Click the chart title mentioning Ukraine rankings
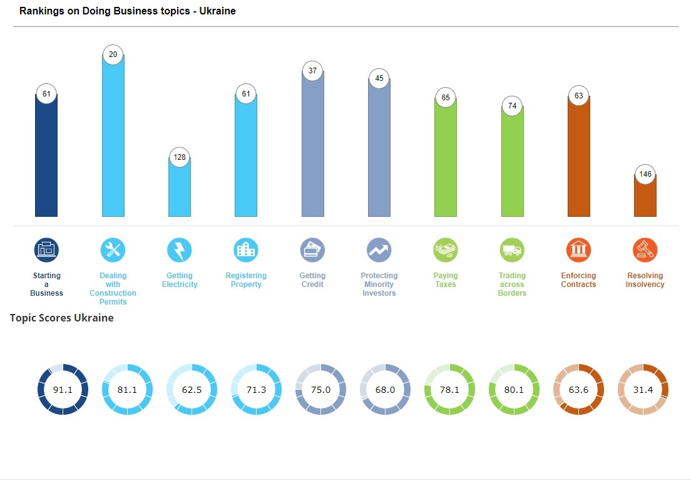pos(128,11)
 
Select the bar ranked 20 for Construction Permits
pos(113,138)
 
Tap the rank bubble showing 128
pos(180,157)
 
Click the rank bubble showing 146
pos(645,174)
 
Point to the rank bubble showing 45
pos(379,79)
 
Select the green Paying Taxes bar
pos(446,160)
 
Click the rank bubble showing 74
pos(512,106)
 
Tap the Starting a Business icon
pos(47,250)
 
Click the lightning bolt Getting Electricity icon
pos(180,250)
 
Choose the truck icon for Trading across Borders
pos(512,250)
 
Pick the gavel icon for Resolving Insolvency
pos(645,250)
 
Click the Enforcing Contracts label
pos(578,280)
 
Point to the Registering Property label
pos(246,280)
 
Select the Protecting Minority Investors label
pos(379,284)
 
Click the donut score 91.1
pos(63,390)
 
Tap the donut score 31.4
pos(643,390)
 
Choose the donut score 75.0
pos(320,390)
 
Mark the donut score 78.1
pos(449,390)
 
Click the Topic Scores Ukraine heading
pos(62,318)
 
